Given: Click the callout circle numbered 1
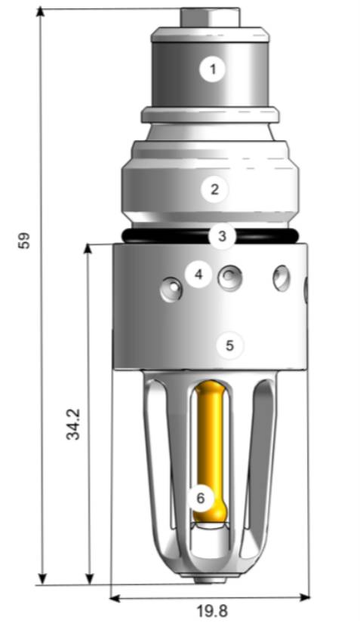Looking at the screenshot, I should point(213,70).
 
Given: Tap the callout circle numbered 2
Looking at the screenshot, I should point(214,189).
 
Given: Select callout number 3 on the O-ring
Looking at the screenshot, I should point(222,236).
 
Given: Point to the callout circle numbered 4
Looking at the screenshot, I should point(198,275).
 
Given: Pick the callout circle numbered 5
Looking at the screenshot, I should point(230,345).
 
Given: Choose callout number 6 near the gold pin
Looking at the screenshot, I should point(200,498).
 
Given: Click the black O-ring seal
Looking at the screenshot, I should point(151,236).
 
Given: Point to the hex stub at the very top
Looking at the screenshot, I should point(211,17).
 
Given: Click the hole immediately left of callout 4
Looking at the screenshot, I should point(171,288).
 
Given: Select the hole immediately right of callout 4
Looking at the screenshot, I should point(229,278).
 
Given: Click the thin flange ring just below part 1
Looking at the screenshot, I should point(210,115).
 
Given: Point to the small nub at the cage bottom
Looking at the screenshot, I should point(211,580).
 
